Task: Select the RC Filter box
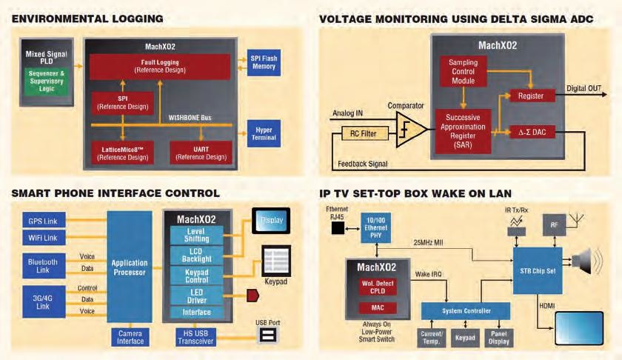tap(363, 134)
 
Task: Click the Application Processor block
tap(130, 268)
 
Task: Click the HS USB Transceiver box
tap(192, 337)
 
